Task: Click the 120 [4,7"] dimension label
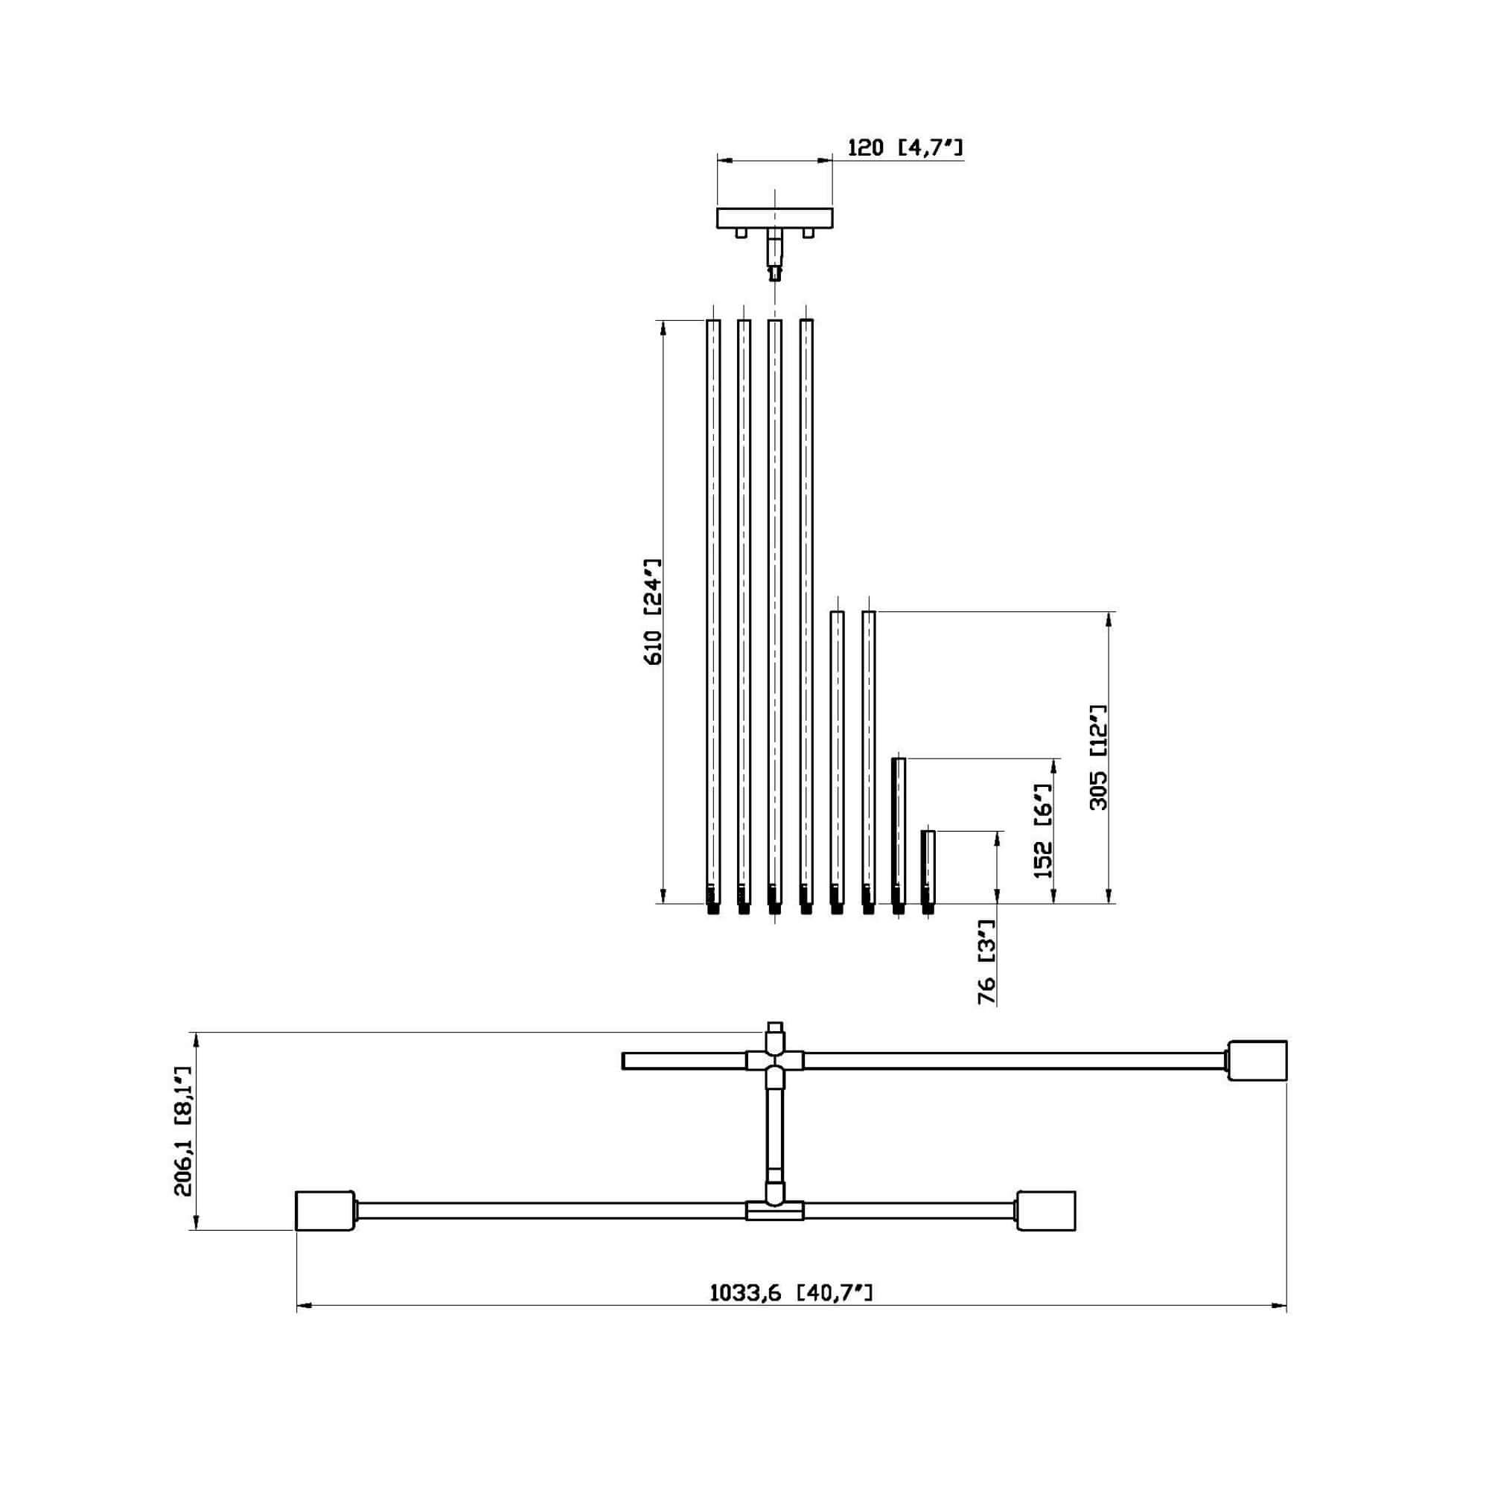pos(905,147)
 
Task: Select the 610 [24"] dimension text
pos(652,613)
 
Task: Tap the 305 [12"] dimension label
pos(1097,757)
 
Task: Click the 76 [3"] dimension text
pos(986,963)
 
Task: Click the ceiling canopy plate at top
pos(774,218)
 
